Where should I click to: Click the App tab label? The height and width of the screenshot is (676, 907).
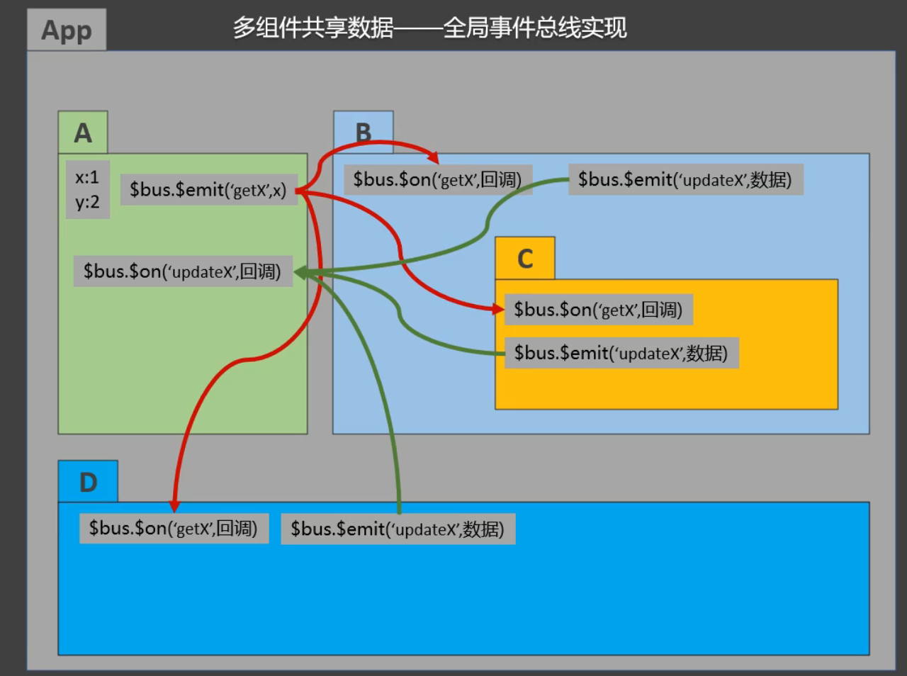coord(67,30)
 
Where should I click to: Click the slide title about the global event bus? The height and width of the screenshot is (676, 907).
coord(429,28)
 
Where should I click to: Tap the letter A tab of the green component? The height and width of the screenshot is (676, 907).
coord(83,133)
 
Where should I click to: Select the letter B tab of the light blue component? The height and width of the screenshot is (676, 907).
coord(364,133)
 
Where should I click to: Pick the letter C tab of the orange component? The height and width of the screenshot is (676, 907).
coord(525,259)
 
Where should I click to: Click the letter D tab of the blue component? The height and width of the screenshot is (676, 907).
coord(88,483)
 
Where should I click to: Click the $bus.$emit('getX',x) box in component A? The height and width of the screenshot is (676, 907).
coord(208,190)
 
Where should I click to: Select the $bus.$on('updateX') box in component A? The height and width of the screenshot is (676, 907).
coord(182,271)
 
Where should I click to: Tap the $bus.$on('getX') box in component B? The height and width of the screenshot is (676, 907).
coord(437,180)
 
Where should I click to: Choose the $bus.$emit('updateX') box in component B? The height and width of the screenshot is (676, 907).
coord(685,180)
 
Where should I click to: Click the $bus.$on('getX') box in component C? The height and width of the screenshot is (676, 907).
coord(598,310)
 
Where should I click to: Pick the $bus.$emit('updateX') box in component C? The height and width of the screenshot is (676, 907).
coord(621,353)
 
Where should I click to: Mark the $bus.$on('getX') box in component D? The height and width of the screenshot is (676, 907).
coord(173,529)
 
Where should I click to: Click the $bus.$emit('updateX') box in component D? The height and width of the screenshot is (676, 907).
coord(398,529)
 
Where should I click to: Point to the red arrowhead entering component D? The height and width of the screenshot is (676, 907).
coord(174,505)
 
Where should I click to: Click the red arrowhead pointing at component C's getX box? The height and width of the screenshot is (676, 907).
coord(498,308)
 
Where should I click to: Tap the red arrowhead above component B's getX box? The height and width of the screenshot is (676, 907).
coord(433,158)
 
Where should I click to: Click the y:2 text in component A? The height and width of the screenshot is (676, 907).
coord(87,203)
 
